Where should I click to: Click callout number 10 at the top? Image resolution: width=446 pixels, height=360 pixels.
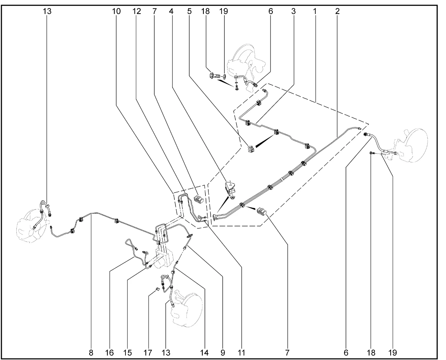(116, 11)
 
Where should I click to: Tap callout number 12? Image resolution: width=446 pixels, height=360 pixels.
(137, 11)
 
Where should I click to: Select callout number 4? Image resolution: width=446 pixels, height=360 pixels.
(171, 11)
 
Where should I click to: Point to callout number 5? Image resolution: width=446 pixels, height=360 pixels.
(189, 11)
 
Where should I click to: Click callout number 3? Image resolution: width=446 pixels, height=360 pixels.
(293, 11)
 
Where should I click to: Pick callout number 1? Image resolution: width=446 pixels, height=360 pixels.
(315, 11)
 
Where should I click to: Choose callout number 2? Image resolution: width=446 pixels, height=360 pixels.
(337, 11)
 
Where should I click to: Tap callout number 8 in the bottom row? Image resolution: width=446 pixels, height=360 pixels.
(91, 353)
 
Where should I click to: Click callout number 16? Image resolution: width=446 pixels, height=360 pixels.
(109, 353)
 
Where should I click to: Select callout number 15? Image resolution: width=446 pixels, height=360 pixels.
(128, 353)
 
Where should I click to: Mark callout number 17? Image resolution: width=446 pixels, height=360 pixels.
(148, 353)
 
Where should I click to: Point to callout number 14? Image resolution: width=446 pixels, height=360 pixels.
(205, 353)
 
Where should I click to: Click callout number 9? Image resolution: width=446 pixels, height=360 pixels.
(223, 353)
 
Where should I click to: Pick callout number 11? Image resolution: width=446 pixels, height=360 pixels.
(241, 353)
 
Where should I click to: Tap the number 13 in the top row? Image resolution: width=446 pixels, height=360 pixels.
(47, 11)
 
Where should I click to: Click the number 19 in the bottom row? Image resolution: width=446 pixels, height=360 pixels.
(393, 353)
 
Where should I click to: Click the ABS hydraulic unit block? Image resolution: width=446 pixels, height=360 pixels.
(164, 260)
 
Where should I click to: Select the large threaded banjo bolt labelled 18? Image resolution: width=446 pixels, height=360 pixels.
(215, 76)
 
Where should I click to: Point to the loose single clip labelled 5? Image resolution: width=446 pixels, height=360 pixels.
(251, 149)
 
